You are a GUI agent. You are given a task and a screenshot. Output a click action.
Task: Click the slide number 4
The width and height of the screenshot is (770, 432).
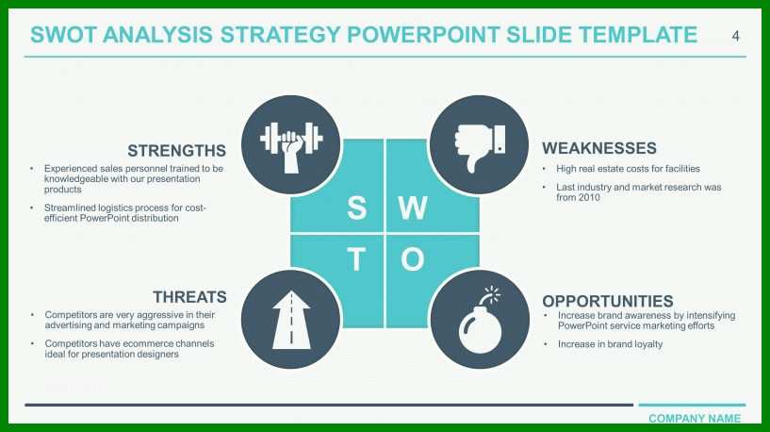click(735, 36)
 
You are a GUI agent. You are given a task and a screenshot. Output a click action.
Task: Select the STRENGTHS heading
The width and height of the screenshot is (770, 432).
click(177, 150)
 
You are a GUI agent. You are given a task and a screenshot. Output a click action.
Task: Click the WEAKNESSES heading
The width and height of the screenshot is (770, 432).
click(599, 148)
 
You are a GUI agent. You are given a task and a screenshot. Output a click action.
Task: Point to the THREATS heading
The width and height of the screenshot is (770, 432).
click(189, 297)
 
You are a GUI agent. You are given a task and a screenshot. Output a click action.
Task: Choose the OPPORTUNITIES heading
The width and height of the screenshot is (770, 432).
click(608, 301)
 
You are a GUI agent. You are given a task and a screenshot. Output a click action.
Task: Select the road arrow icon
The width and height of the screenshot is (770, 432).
click(291, 320)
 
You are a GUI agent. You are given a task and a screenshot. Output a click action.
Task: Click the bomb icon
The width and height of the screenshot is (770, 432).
click(481, 322)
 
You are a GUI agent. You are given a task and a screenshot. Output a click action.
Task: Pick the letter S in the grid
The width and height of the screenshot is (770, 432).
click(357, 208)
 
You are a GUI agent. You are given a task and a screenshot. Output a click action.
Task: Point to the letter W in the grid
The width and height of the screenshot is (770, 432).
click(413, 208)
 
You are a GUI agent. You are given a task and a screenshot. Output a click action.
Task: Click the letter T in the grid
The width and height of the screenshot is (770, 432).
click(356, 259)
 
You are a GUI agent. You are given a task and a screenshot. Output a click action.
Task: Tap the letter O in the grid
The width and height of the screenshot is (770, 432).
click(413, 259)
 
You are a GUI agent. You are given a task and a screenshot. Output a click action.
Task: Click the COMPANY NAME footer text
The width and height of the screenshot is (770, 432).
click(695, 418)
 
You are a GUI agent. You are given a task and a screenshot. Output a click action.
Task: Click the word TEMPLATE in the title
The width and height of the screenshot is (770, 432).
click(638, 35)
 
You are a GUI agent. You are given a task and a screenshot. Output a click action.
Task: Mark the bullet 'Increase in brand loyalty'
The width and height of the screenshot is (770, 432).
click(610, 344)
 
